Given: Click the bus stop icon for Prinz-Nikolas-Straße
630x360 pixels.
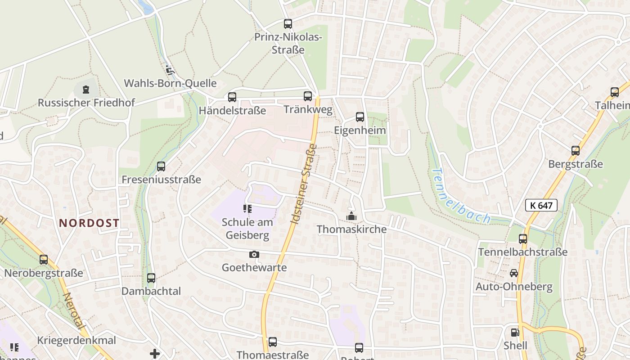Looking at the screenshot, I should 288,24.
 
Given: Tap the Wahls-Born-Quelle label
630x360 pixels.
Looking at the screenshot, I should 170,83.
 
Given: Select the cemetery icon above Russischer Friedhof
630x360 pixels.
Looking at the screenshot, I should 85,90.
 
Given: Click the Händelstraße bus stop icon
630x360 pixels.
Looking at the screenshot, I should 232,97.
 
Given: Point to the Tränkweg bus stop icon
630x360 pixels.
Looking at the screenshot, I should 308,96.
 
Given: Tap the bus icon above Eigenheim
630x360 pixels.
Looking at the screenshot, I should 360,117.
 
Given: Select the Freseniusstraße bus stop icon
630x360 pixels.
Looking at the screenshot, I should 161,166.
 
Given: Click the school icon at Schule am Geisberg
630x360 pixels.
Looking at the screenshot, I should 247,208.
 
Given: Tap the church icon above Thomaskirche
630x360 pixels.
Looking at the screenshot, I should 351,216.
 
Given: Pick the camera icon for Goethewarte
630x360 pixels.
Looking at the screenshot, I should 254,255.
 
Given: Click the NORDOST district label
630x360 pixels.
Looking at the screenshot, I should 89,223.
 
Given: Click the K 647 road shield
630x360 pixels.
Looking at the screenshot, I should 541,206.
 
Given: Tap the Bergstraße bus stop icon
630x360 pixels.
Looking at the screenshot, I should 576,151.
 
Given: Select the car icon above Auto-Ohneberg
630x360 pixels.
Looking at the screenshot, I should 514,273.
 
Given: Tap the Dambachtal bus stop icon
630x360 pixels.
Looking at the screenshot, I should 151,278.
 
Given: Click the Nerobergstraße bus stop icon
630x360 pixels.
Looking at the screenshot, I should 44,260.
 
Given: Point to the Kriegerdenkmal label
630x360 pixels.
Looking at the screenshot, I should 77,340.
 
